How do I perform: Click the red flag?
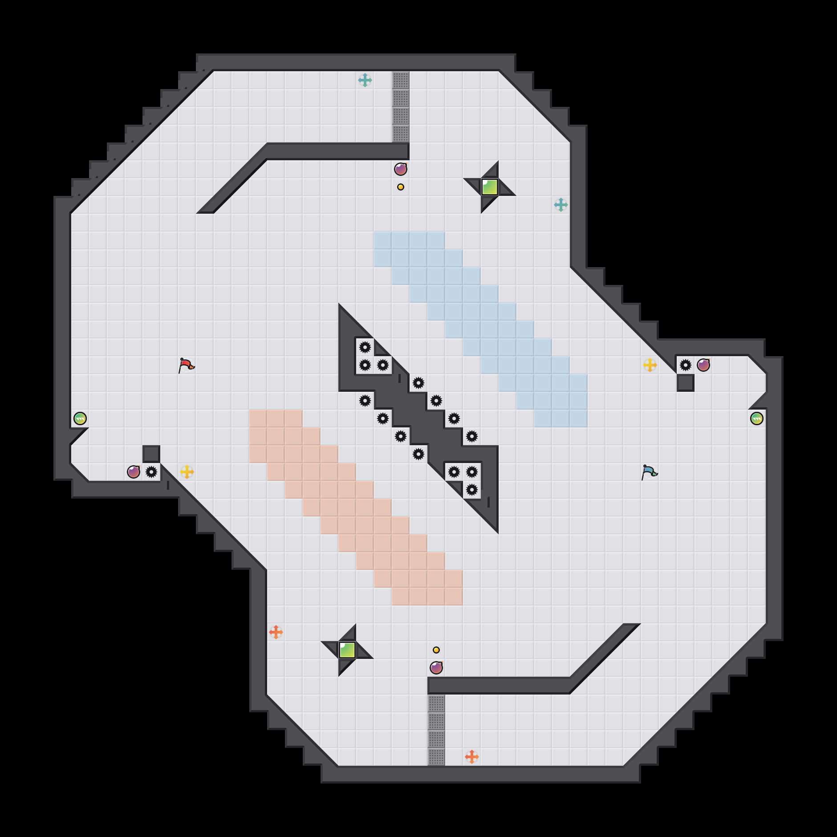tap(187, 365)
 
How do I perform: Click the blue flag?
tap(650, 472)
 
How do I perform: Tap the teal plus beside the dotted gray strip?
tap(365, 80)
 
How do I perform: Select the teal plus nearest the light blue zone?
tap(561, 205)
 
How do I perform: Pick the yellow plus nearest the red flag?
tap(187, 472)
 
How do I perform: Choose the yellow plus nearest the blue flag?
tap(650, 365)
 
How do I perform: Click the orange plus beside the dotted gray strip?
tap(472, 756)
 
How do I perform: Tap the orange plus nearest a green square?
tap(276, 632)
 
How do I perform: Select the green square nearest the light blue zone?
tap(490, 187)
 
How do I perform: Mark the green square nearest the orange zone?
tap(347, 650)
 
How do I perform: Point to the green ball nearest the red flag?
tap(80, 418)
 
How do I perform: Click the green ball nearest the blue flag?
tap(757, 418)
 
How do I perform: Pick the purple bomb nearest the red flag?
tap(134, 472)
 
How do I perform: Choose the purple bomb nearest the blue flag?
tap(703, 365)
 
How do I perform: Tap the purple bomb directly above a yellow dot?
tap(401, 169)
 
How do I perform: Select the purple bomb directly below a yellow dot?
tap(436, 668)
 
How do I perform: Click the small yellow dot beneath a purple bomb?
tap(401, 187)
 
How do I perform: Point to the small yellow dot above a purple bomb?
tap(436, 650)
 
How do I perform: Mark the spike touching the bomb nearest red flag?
tap(151, 472)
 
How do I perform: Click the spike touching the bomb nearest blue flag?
tap(686, 365)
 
